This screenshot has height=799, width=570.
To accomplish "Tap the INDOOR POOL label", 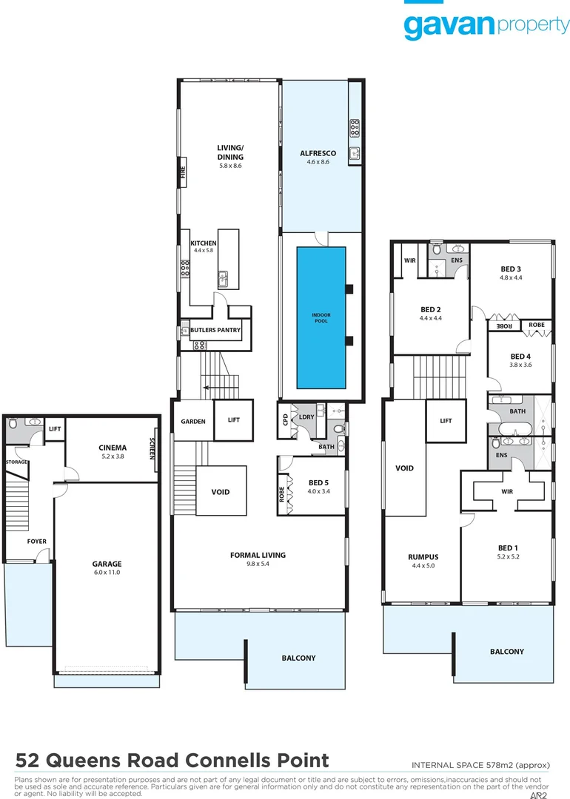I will pos(321,317).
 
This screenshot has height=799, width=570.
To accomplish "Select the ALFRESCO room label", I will pos(318,153).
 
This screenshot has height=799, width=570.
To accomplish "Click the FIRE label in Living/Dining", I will pos(182,172).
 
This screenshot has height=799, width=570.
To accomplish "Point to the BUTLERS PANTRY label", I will pos(215,330).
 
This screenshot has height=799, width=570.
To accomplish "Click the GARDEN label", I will pos(192,421).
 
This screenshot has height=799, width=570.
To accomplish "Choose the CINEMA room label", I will pos(112,448).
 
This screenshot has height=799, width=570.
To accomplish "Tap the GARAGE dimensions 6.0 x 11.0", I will pos(107,573).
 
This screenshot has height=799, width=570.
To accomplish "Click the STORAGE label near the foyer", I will pos(16,462).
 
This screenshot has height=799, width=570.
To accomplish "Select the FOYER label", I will pos(36,542).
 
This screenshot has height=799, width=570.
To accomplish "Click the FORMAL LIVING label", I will pos(258,555).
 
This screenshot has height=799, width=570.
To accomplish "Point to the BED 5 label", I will pos(320,483).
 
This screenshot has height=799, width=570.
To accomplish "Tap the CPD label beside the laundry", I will pos(285,419).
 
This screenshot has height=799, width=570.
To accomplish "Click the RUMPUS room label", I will pos(423,557).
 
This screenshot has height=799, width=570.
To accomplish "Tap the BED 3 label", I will pos(512,269).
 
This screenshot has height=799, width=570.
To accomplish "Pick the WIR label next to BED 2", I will pos(409,260).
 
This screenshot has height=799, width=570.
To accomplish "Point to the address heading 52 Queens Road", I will pos(172,761).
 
